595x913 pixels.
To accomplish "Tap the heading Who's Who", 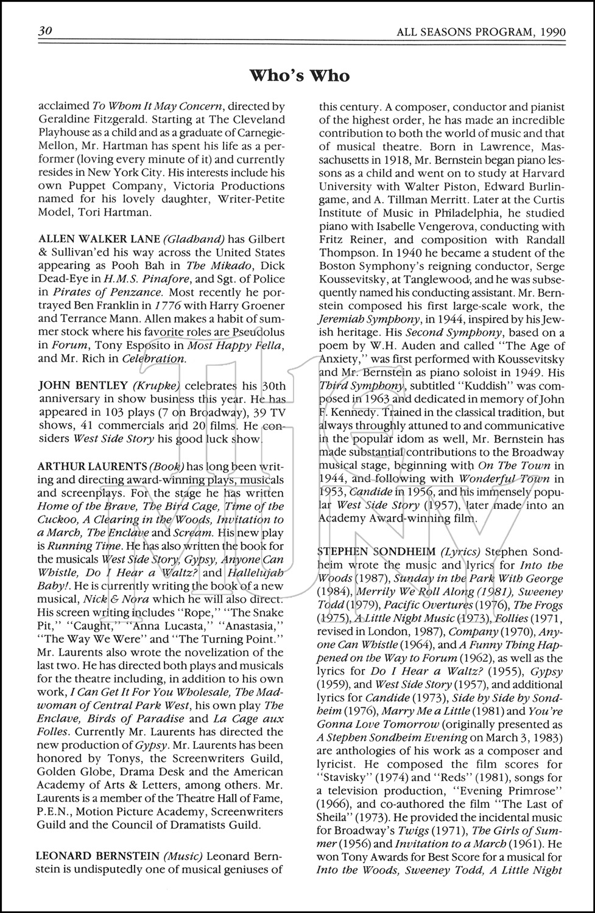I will tap(300, 75).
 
